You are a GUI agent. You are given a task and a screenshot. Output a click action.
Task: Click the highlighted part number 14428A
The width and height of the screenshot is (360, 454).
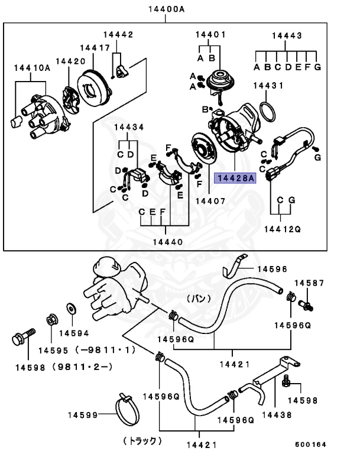tap(235, 177)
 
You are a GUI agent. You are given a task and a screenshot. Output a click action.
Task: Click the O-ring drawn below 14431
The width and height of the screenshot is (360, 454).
tap(270, 110)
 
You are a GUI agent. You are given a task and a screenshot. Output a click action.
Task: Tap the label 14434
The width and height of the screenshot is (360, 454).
tap(129, 127)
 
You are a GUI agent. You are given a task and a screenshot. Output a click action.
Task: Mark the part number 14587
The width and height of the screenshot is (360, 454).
tap(310, 284)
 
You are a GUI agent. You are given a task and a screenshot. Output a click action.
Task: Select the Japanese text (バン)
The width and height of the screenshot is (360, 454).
tap(199, 299)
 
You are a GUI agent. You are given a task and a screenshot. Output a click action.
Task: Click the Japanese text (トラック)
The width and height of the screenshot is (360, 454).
tap(142, 440)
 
